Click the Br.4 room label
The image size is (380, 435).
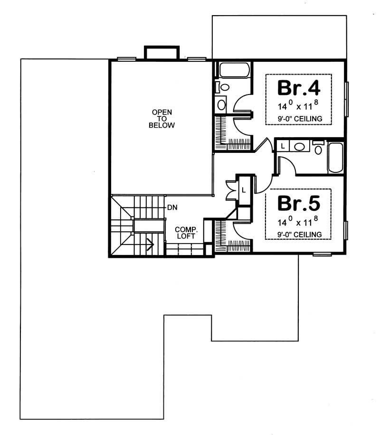[299, 88]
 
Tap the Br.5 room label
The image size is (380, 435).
[299, 203]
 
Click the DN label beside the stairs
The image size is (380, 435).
[172, 208]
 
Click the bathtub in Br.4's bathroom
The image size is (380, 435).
[233, 70]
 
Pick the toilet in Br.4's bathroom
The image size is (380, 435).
[223, 87]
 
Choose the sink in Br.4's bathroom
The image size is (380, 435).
[222, 104]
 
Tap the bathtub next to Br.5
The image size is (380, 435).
[335, 157]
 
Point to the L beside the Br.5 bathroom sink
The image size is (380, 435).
[283, 146]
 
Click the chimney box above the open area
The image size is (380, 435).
[161, 53]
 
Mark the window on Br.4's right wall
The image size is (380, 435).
[347, 99]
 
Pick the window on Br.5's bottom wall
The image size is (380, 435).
[322, 255]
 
